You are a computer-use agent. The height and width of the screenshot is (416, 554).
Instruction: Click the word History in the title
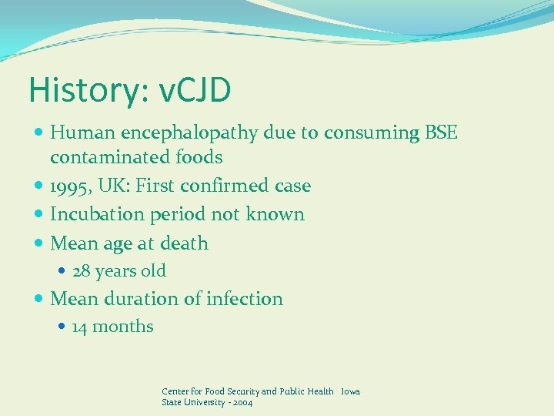76,90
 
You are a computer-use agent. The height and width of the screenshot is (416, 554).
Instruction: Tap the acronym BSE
441,133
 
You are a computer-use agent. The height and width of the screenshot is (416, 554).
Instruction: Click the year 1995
70,186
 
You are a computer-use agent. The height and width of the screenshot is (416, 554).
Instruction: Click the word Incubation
92,214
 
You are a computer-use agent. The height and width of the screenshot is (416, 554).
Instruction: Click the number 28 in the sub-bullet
82,271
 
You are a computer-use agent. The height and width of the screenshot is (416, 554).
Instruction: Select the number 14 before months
80,327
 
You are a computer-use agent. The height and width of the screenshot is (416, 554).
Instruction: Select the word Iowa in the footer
350,391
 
